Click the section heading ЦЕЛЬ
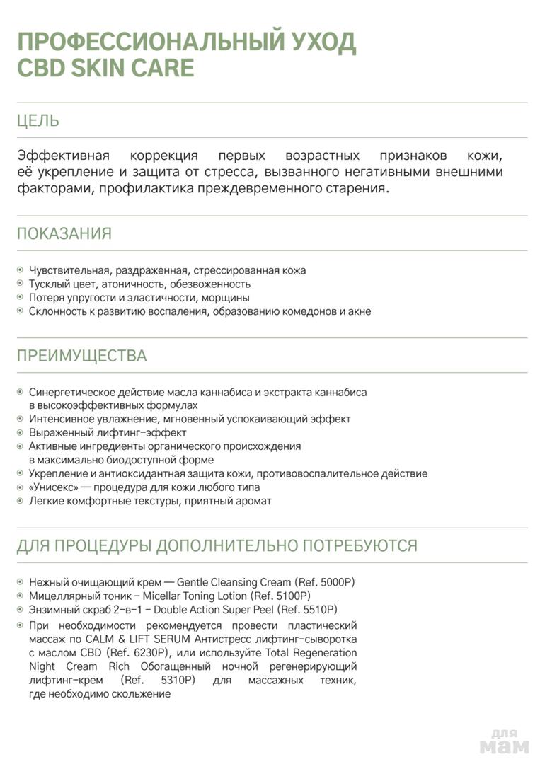pos(38,120)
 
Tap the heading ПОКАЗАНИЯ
pos(64,233)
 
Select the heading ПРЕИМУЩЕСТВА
pos(82,356)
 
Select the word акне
pos(359,311)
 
